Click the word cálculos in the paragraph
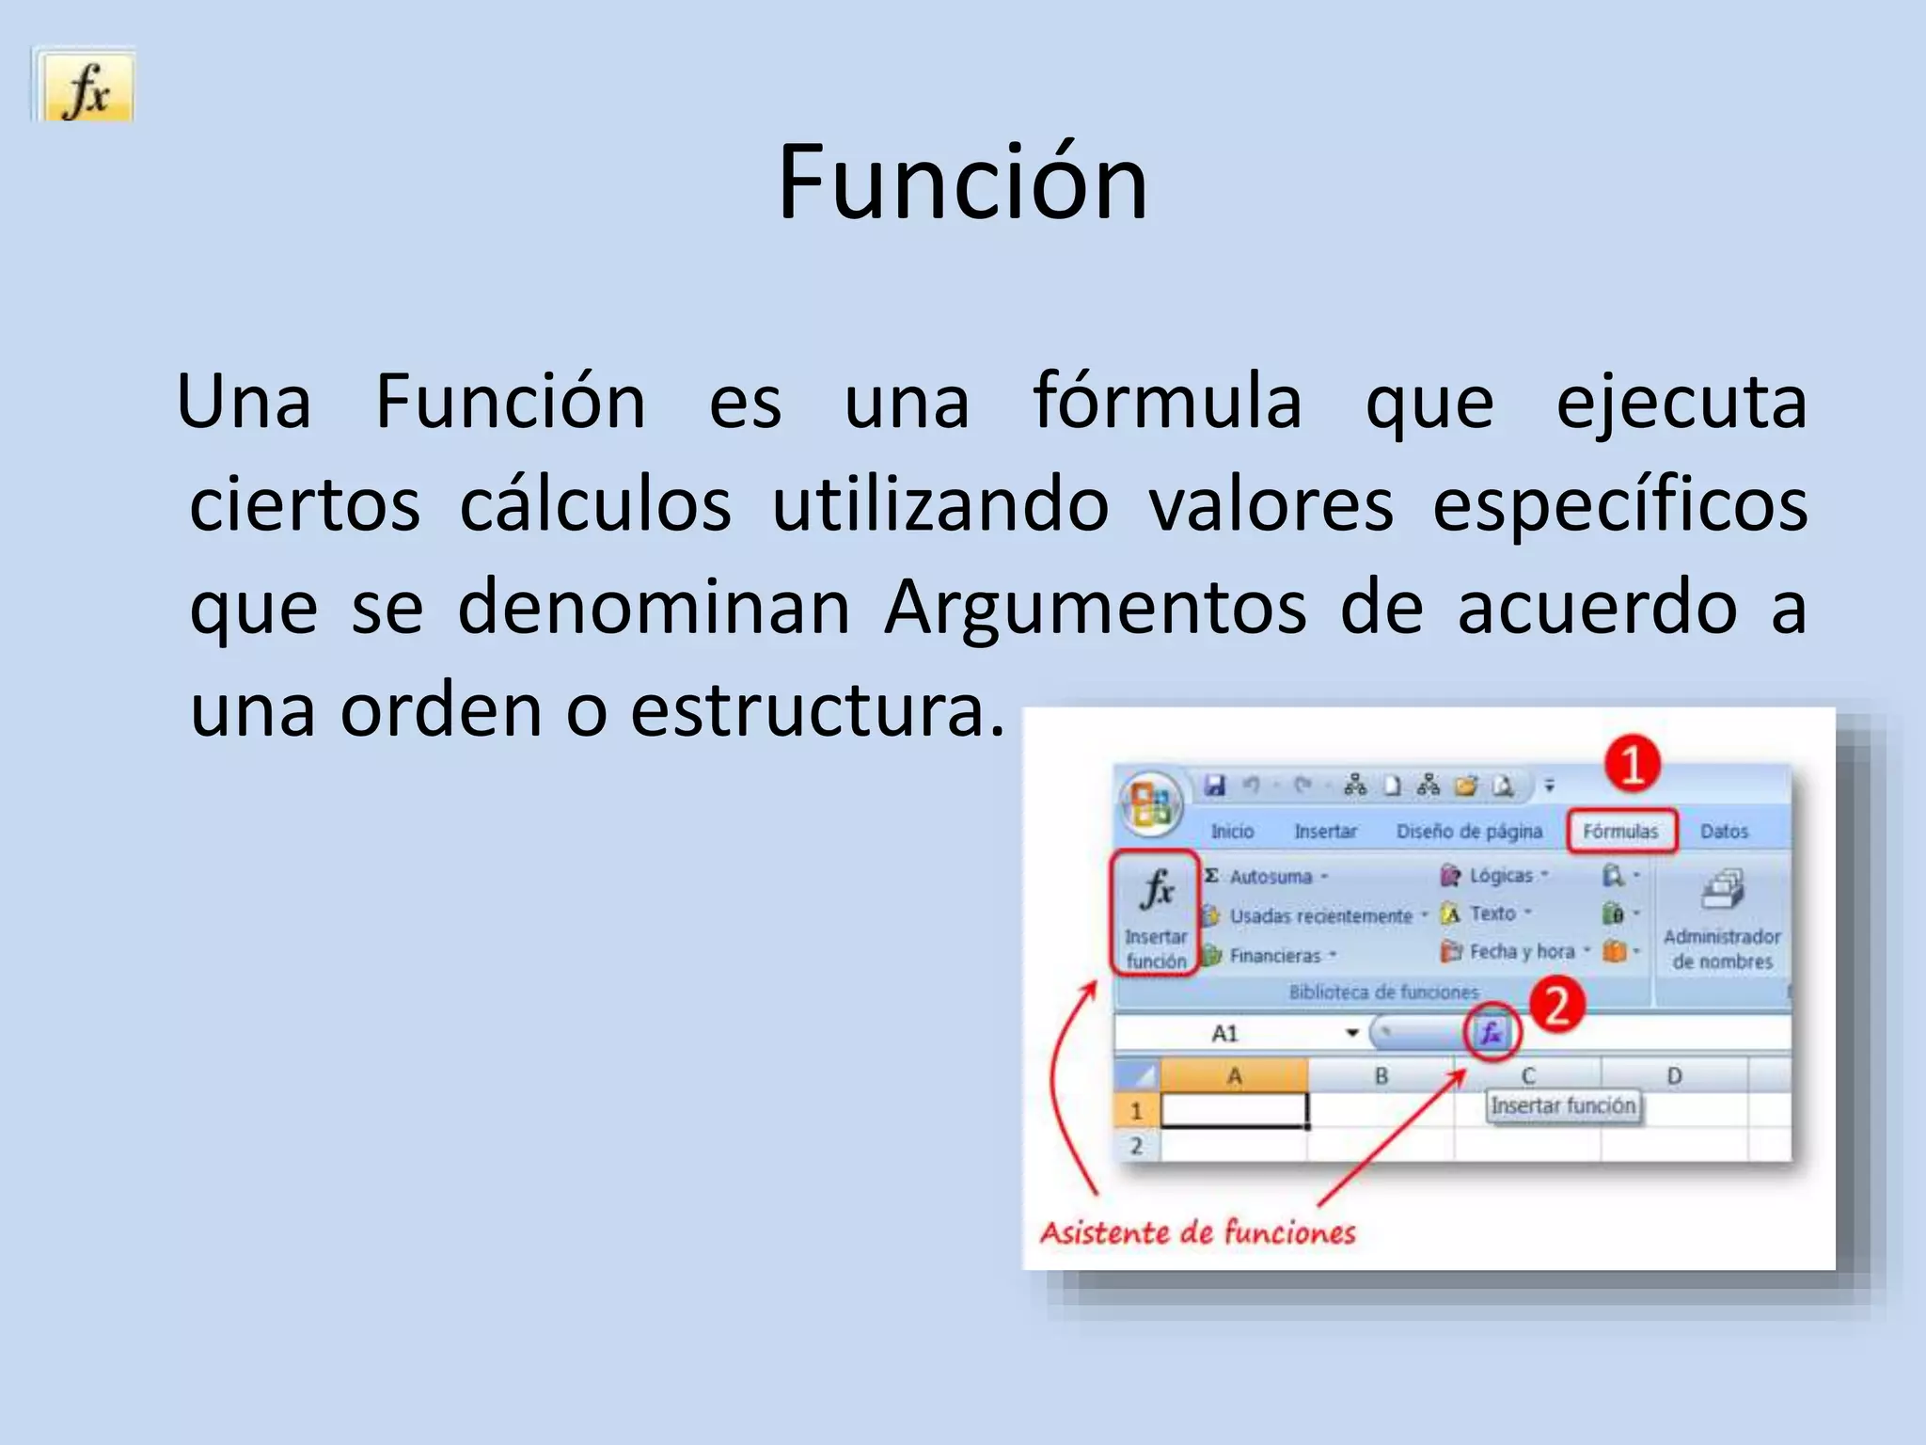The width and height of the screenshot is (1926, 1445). tap(595, 505)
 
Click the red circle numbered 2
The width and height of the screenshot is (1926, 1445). tap(1557, 1006)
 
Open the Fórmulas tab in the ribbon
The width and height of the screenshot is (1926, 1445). tap(1620, 832)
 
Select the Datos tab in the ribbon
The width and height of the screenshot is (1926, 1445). tap(1724, 832)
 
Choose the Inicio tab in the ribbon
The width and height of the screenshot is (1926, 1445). tap(1232, 832)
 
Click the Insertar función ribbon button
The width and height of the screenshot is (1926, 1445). tap(1156, 913)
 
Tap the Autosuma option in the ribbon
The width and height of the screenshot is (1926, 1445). tap(1270, 877)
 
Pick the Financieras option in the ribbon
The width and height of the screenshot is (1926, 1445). tap(1274, 956)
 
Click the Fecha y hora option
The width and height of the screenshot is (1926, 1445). tap(1521, 952)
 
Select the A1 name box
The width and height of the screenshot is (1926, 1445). tap(1225, 1034)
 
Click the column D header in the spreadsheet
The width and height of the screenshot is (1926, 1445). tap(1674, 1076)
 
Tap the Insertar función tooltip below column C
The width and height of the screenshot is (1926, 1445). tap(1563, 1106)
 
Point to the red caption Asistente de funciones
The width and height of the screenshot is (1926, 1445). tap(1197, 1232)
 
